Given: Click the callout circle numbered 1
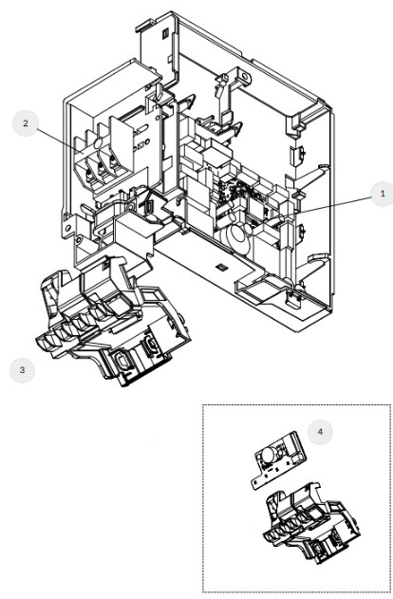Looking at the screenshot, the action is coord(382,194).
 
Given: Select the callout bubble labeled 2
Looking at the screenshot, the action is coord(26,123).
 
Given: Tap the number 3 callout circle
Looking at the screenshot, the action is coord(22,370).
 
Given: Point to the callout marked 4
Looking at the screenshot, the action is coord(320,432).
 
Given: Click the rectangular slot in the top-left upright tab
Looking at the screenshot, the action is coord(165,34).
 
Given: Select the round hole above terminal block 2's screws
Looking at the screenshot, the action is coord(98,143).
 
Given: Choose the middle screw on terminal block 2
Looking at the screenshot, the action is coord(101,166).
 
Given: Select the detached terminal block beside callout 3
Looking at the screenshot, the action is coord(113,323).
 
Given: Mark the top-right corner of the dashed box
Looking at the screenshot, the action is coord(390,405).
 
